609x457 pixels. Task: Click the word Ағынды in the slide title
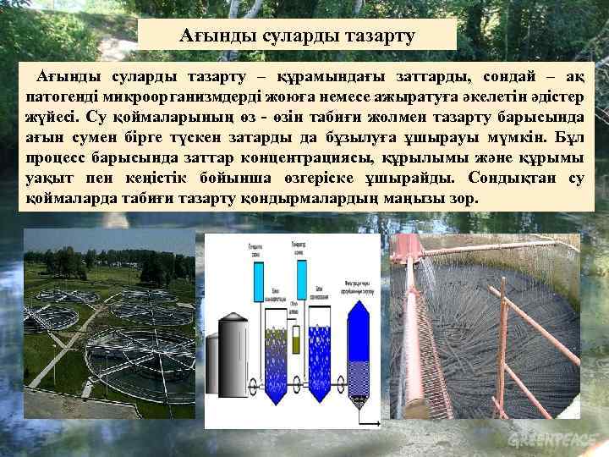pyautogui.click(x=215, y=36)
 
